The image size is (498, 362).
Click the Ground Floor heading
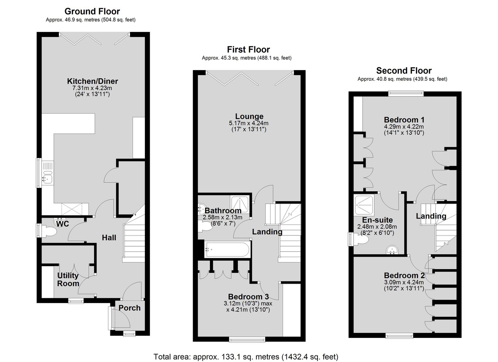pyautogui.click(x=92, y=11)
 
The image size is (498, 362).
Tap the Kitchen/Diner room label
pyautogui.click(x=93, y=81)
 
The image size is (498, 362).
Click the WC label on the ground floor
pyautogui.click(x=63, y=224)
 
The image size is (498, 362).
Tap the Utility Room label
pyautogui.click(x=68, y=279)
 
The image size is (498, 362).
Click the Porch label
pyautogui.click(x=129, y=308)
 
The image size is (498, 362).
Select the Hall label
pyautogui.click(x=109, y=238)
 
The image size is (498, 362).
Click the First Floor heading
pyautogui.click(x=248, y=49)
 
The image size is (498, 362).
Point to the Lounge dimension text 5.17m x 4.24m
pyautogui.click(x=249, y=123)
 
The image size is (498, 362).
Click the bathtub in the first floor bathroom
pyautogui.click(x=227, y=250)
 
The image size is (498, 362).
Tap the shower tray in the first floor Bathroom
pyautogui.click(x=239, y=204)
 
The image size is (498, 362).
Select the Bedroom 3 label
pyautogui.click(x=248, y=297)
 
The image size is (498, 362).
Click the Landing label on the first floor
pyautogui.click(x=267, y=232)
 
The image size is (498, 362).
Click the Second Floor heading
pyautogui.click(x=404, y=70)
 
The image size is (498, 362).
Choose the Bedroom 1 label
pyautogui.click(x=404, y=120)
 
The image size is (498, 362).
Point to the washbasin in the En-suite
pyautogui.click(x=392, y=250)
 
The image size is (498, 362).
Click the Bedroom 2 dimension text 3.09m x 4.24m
pyautogui.click(x=404, y=282)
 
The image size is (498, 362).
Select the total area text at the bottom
pyautogui.click(x=246, y=351)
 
